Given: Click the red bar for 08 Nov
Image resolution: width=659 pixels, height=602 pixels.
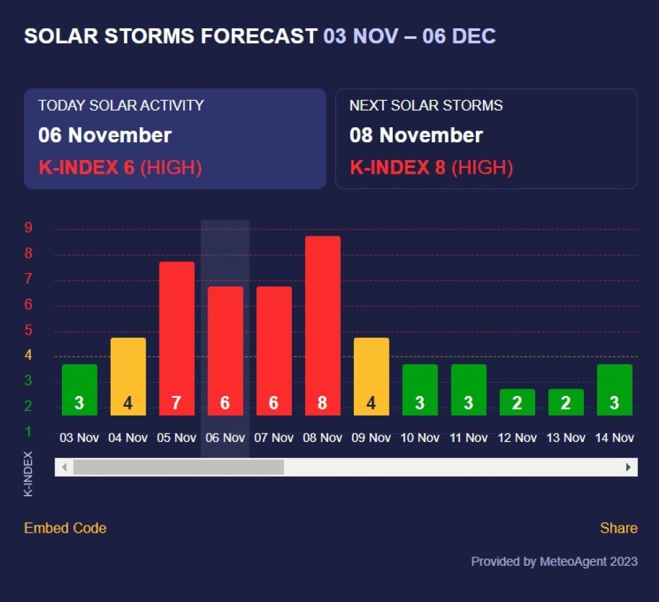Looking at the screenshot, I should pos(322,325).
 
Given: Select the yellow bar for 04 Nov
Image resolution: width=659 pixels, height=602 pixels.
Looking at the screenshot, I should pos(128,376).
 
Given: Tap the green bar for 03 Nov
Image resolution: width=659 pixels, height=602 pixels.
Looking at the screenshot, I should pos(79,389).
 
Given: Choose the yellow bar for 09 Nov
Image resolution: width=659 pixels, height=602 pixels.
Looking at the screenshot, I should pos(371,376).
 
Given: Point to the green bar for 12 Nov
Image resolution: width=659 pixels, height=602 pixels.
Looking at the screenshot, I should pos(517,402).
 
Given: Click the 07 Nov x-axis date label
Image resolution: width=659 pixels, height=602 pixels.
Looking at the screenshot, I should pos(273,438).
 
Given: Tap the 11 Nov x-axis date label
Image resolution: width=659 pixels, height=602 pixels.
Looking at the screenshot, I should pos(469,438).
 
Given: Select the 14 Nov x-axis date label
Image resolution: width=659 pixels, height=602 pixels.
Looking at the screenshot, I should pos(614,438).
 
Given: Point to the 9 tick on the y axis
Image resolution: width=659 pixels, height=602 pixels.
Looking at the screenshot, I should pos(28,228).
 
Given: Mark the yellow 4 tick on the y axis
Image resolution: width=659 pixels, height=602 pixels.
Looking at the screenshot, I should pos(28,356).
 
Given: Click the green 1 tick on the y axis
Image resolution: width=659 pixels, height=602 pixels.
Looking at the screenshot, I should pos(28,431).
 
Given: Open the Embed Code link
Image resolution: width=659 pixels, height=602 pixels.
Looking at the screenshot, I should pos(65,528).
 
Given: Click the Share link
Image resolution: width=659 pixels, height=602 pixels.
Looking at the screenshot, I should pos(618,528).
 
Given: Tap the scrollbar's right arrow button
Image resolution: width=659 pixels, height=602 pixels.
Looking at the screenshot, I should pos(629,467).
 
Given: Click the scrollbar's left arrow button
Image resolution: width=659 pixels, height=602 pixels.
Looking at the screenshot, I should pos(64,467).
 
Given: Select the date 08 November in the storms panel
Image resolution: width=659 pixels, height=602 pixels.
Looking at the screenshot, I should pos(416,136).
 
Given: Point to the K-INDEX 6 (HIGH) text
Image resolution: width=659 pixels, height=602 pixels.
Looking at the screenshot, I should pos(120,167).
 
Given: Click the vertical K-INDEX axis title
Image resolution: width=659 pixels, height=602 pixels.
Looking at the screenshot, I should pos(28,474).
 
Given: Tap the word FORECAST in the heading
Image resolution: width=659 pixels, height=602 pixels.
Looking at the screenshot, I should pos(259,36).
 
